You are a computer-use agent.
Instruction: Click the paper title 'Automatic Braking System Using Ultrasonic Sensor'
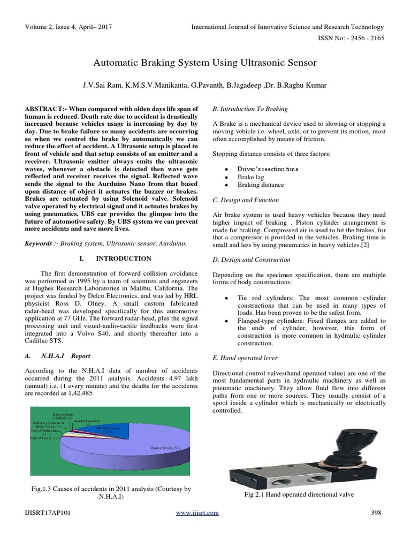click(x=205, y=63)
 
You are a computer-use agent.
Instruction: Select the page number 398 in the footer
click(x=376, y=513)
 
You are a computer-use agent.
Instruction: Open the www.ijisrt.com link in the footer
click(x=197, y=513)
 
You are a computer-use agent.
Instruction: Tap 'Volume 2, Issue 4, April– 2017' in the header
click(x=69, y=27)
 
